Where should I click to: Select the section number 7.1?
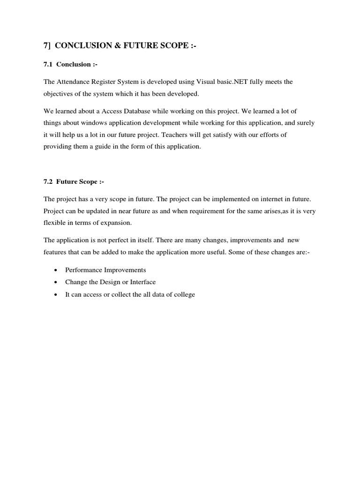coord(49,64)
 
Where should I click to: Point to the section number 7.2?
coord(49,181)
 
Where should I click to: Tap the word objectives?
coord(60,94)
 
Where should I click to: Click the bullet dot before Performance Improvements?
coord(56,270)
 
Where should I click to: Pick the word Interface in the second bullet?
coord(142,282)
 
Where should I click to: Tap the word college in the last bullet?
coord(184,294)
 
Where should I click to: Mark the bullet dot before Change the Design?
coord(56,283)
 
